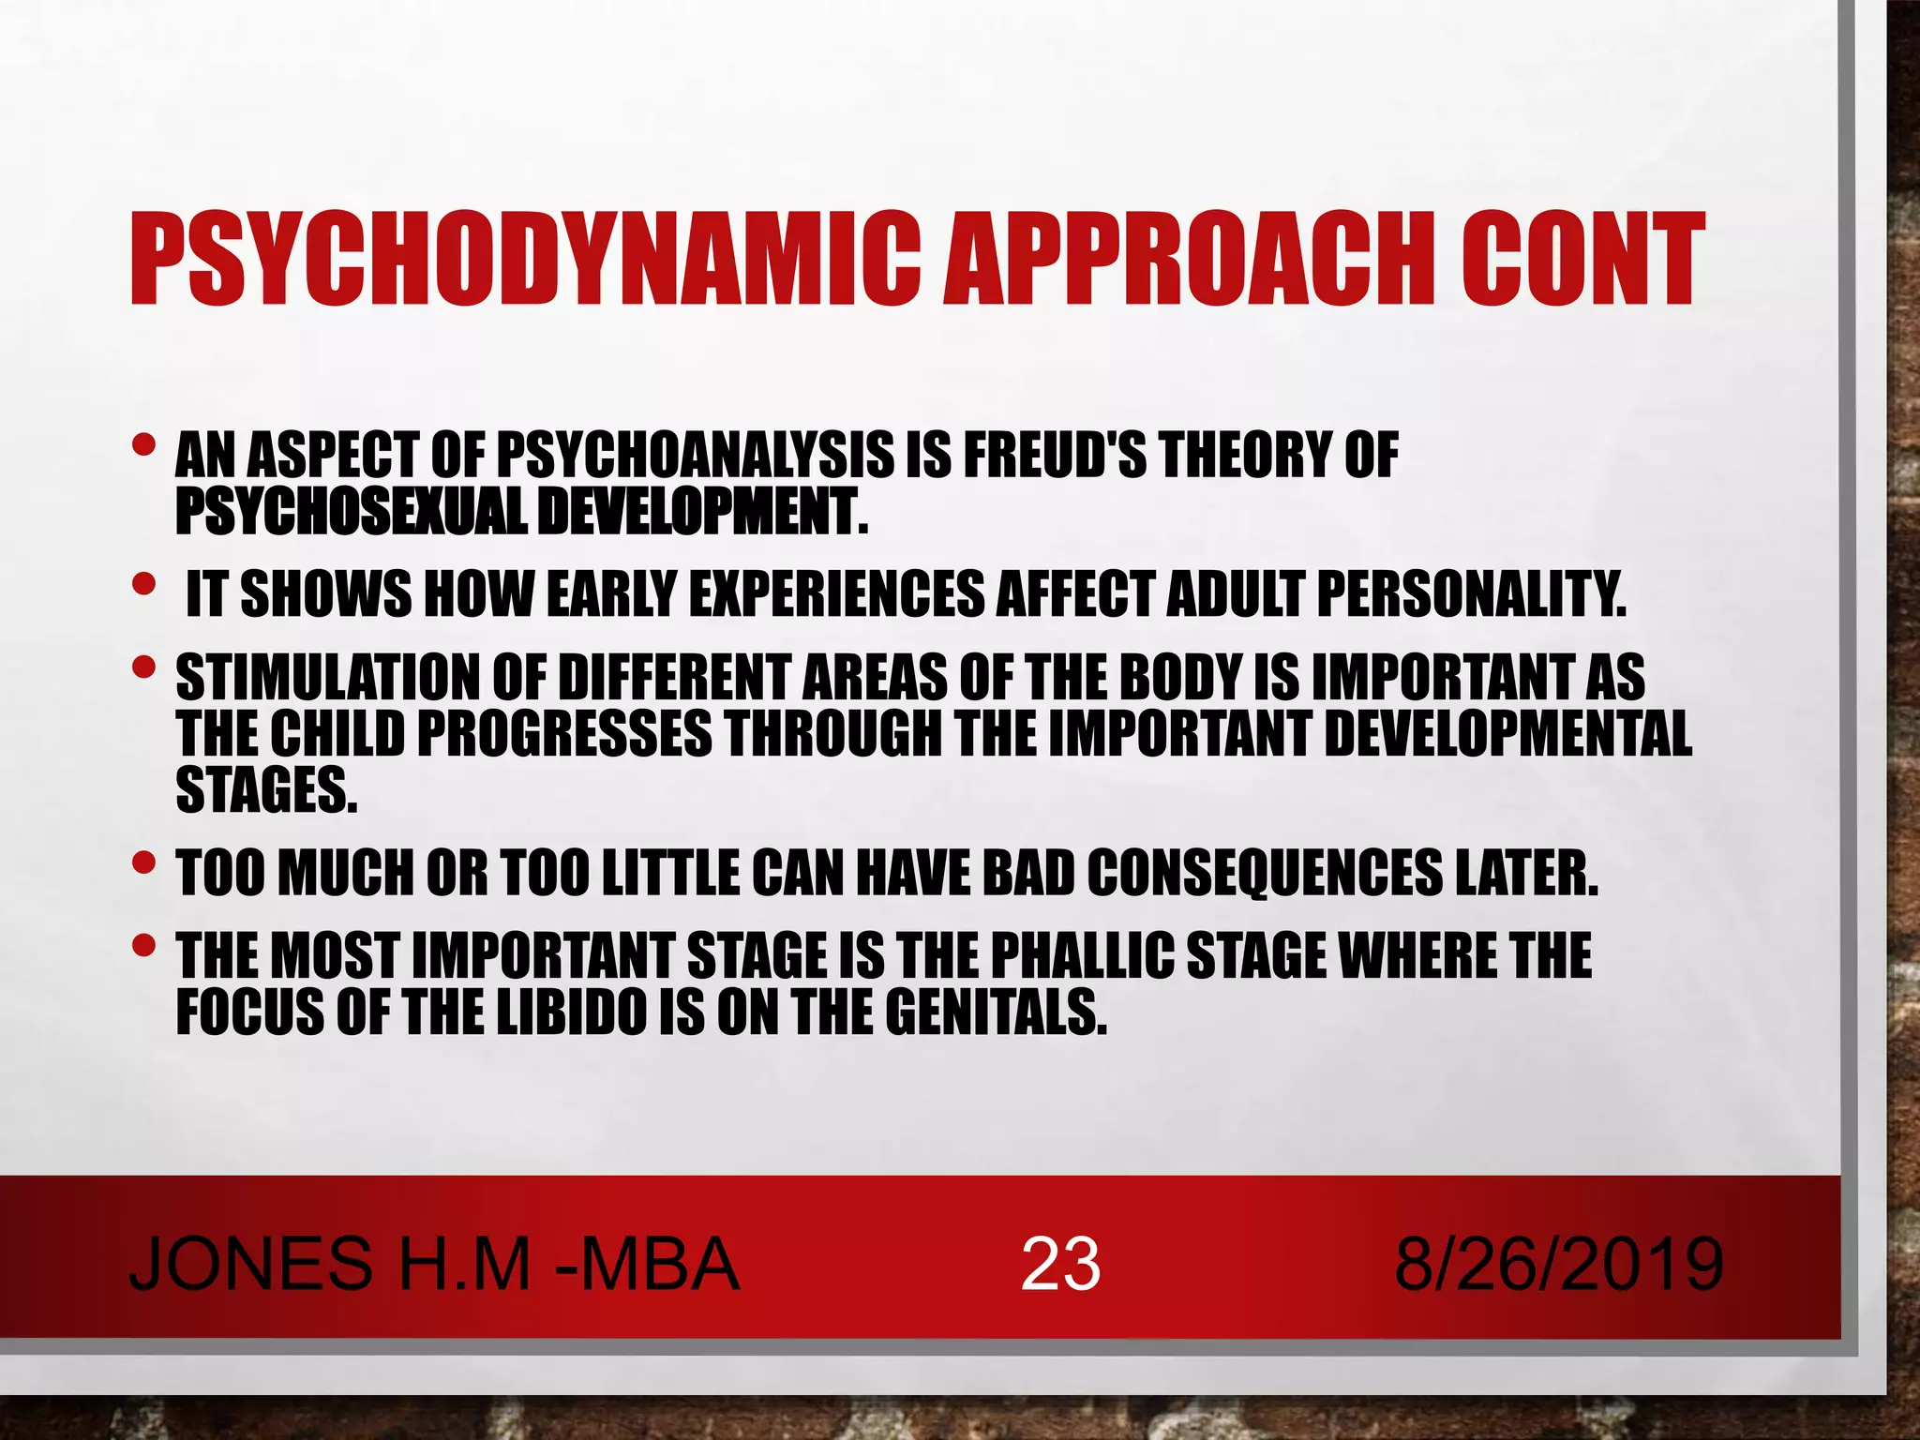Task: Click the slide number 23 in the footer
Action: pyautogui.click(x=1060, y=1264)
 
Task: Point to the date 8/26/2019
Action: pyautogui.click(x=1558, y=1264)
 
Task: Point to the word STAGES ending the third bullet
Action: pyautogui.click(x=266, y=789)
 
